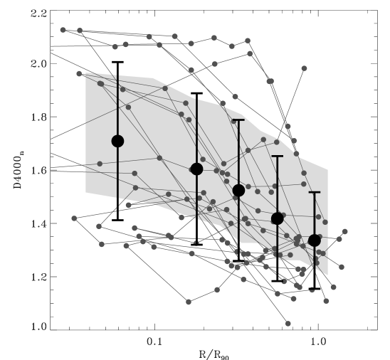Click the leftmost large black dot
coord(117,141)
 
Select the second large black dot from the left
coord(196,169)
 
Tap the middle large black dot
coord(238,190)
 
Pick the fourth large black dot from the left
coord(277,218)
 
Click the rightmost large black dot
coord(315,240)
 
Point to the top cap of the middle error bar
coord(238,120)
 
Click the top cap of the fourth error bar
coord(277,156)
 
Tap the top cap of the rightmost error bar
coord(315,192)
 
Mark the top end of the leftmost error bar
coord(117,75)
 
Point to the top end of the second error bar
coord(196,99)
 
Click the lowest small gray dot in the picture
coord(288,324)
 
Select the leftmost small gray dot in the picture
coord(63,30)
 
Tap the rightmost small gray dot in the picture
coord(345,231)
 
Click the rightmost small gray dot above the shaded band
coord(304,68)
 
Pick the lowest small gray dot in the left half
coord(189,302)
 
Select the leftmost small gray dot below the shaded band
coord(74,218)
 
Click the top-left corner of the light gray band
coord(86,73)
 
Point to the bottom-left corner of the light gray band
coord(86,192)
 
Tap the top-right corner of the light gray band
coord(328,169)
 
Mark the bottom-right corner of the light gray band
coord(328,275)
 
